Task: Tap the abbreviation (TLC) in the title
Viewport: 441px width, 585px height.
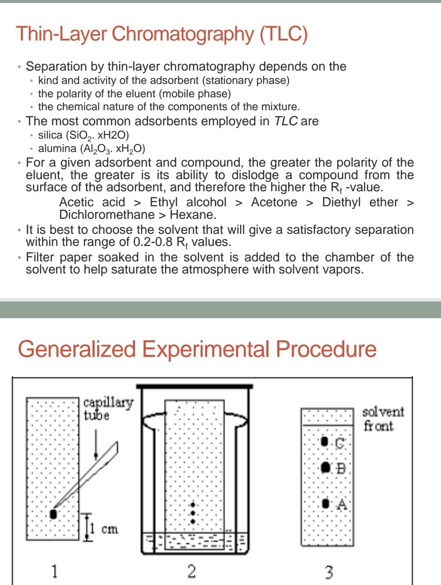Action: (283, 34)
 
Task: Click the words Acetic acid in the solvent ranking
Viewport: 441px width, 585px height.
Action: (92, 202)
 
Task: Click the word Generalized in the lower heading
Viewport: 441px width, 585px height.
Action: (77, 349)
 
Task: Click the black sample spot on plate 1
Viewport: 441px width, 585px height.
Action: (53, 514)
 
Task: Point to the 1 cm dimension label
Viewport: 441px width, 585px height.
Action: (104, 529)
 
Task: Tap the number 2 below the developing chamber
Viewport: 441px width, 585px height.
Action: (191, 571)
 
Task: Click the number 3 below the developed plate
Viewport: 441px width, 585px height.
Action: (329, 572)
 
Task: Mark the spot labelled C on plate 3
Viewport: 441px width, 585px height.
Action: (324, 441)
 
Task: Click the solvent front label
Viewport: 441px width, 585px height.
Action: (383, 418)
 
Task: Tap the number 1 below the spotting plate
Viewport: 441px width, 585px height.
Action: (54, 570)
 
